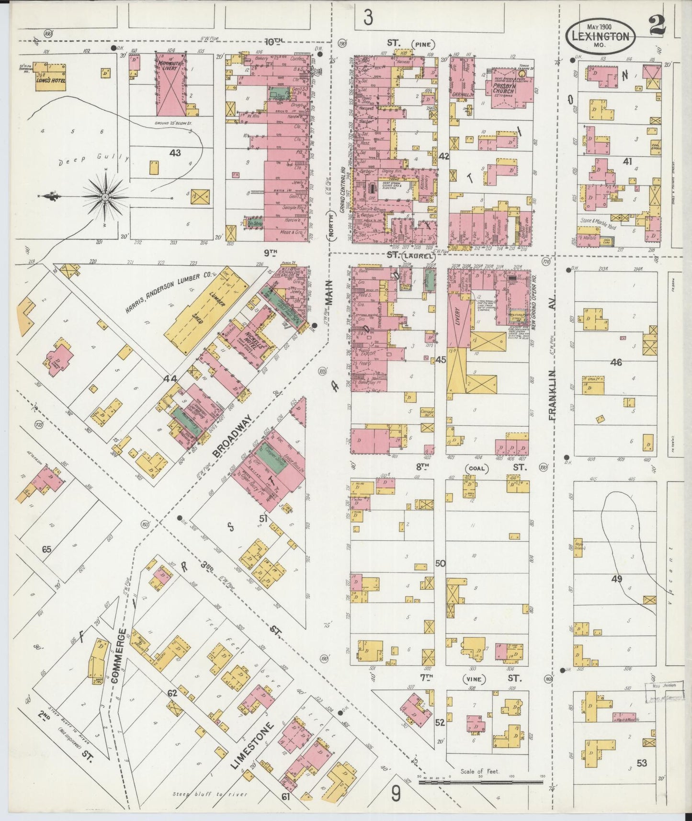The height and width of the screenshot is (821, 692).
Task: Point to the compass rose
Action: coord(105,196)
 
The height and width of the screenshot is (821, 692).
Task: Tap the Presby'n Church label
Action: coord(503,90)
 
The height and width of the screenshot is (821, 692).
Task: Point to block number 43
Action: coord(175,152)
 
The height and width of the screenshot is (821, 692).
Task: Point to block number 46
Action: coord(616,363)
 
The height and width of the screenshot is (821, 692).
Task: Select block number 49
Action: coord(617,579)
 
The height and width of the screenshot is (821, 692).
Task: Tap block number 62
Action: coord(172,693)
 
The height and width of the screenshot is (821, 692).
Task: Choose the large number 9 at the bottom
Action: coord(396,795)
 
